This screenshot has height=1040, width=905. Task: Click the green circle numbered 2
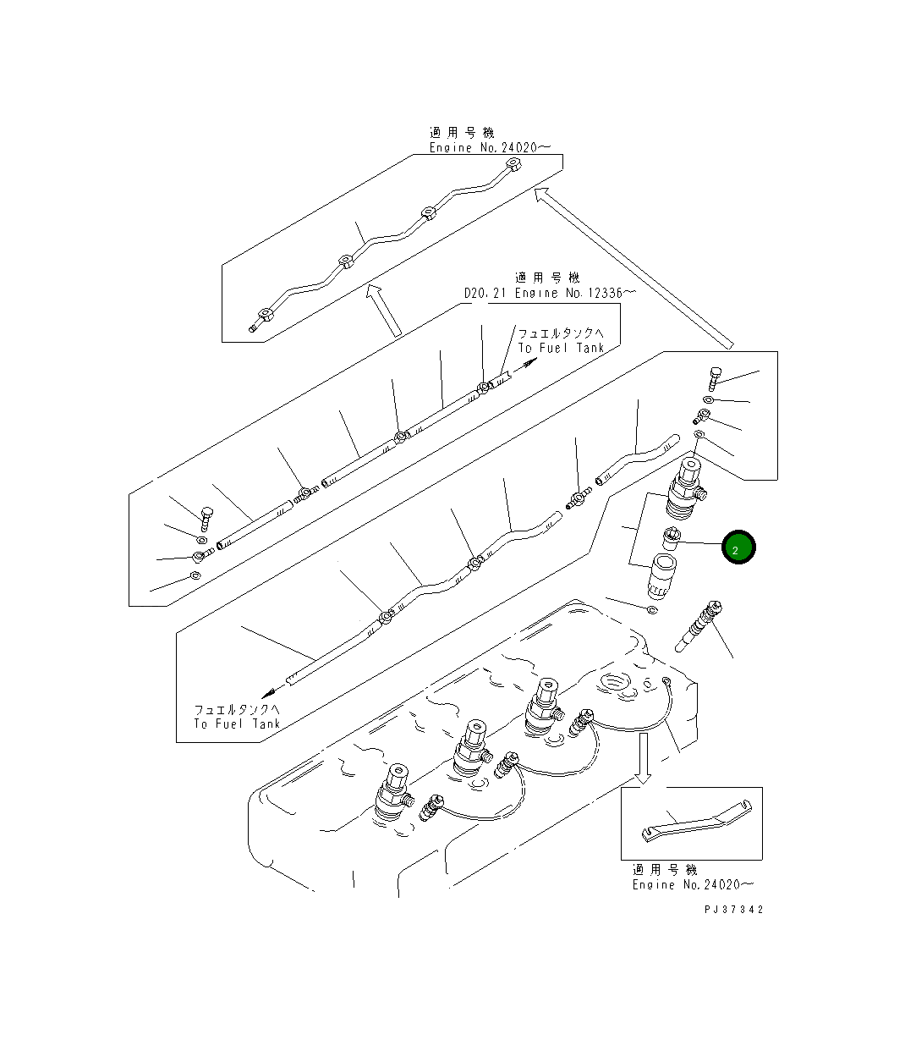click(x=738, y=548)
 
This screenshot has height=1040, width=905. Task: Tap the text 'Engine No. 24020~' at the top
click(x=490, y=147)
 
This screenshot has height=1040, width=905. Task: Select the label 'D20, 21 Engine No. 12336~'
click(x=550, y=293)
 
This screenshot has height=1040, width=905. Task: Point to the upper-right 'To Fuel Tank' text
click(x=561, y=348)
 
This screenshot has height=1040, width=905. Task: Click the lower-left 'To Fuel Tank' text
click(x=237, y=724)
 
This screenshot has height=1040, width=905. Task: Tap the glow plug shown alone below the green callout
click(x=698, y=626)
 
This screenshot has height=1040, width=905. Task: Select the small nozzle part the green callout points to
click(x=672, y=538)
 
